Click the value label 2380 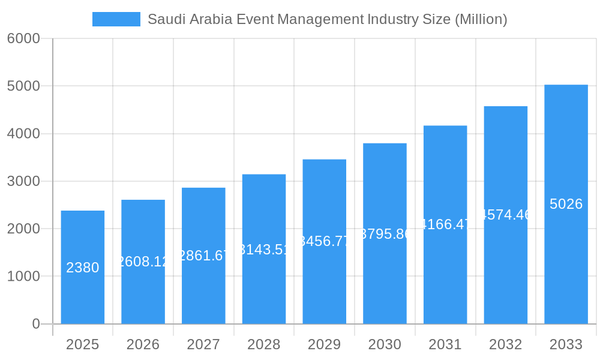click(82, 268)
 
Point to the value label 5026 click(566, 204)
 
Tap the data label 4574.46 click(506, 215)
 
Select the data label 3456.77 click(324, 242)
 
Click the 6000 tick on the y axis click(23, 38)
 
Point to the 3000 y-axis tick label click(23, 181)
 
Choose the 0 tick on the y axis click(35, 324)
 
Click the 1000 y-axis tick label click(23, 277)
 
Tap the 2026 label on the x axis click(143, 344)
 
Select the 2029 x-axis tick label click(324, 344)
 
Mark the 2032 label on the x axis click(505, 344)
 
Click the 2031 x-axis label click(445, 344)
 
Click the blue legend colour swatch click(116, 19)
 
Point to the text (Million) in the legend click(481, 19)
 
